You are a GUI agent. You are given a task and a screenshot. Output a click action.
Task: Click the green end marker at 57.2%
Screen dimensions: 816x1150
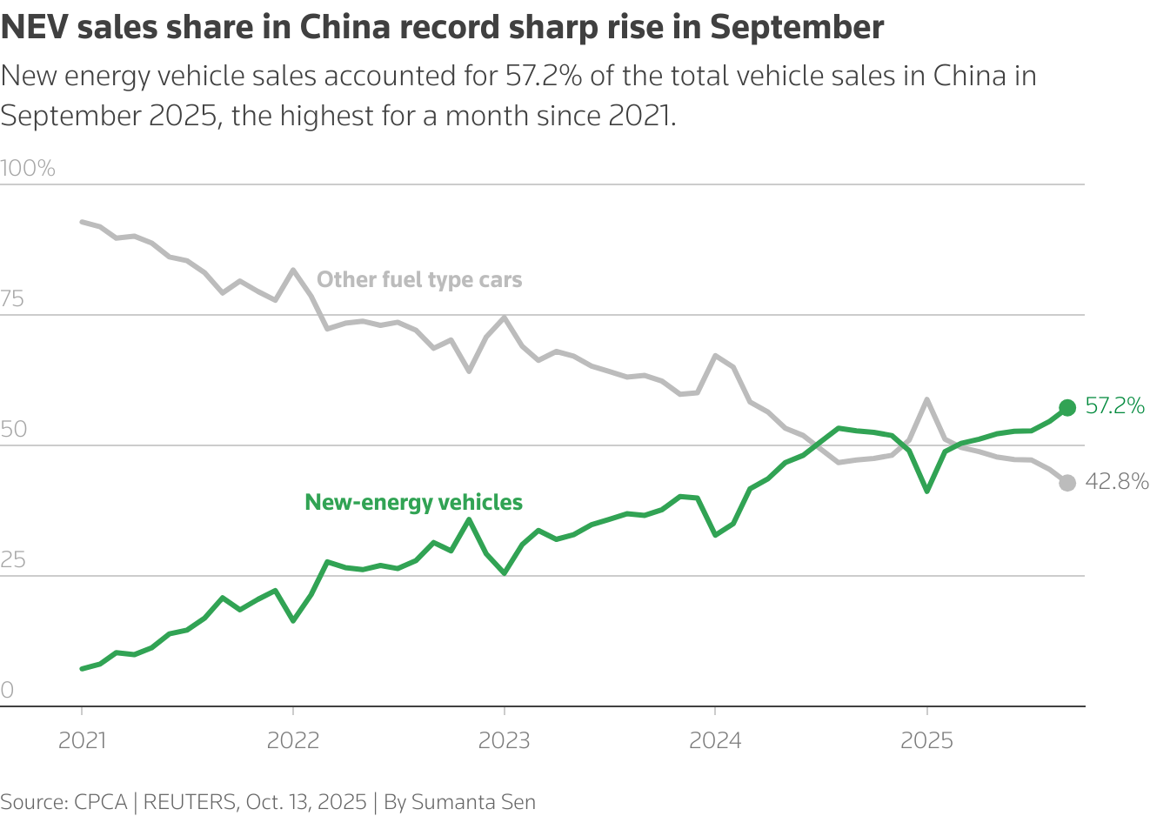pos(1067,408)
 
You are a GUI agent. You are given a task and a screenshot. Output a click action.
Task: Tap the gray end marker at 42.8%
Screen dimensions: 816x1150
pos(1067,483)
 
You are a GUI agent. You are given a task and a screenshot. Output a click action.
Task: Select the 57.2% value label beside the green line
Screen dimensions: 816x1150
pos(1115,406)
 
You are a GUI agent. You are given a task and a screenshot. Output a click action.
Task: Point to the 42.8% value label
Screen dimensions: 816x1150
pos(1117,481)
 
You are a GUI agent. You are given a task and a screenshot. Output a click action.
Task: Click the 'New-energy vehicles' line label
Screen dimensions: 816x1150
pos(413,502)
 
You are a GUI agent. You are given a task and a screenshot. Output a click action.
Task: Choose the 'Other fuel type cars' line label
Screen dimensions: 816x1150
pos(419,279)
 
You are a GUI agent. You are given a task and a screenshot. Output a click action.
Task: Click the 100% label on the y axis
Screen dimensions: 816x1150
pos(28,168)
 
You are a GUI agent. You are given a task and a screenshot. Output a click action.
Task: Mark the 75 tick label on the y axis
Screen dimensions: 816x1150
pos(12,299)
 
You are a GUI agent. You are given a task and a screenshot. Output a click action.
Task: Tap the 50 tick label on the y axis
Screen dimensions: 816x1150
pos(14,429)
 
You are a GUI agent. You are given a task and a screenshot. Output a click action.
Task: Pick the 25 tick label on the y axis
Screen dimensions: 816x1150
pos(13,559)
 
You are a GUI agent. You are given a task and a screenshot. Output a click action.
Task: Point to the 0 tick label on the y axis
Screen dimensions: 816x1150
pos(8,690)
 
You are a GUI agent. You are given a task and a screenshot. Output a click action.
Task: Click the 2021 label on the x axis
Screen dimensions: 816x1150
pos(82,740)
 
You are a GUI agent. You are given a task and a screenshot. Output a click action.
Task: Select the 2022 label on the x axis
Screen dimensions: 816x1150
pos(293,740)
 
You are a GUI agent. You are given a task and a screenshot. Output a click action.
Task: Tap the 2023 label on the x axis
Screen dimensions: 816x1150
pos(505,740)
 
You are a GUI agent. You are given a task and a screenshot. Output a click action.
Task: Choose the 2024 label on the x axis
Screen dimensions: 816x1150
pos(715,740)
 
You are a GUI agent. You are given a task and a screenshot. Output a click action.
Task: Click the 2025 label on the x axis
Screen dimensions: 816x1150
pos(926,740)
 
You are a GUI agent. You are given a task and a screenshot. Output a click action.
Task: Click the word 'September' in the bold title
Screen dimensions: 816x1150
pos(797,28)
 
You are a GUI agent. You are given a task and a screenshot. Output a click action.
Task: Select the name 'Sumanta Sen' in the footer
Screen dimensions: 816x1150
pos(473,801)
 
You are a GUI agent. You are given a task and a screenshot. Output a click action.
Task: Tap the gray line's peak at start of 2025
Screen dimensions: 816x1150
pos(927,399)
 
